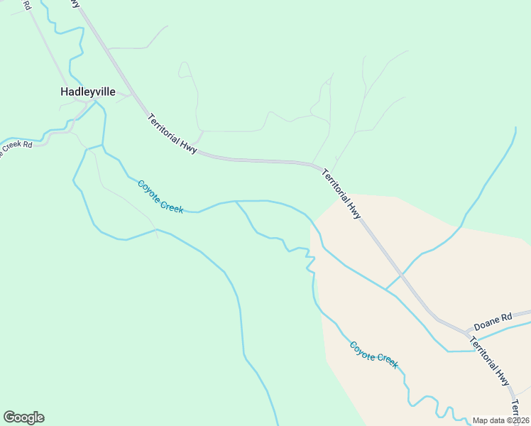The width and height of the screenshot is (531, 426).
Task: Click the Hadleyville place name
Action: pyautogui.click(x=87, y=92)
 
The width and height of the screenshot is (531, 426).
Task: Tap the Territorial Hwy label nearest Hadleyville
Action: pyautogui.click(x=173, y=132)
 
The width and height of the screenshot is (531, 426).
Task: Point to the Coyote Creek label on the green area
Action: pyautogui.click(x=160, y=197)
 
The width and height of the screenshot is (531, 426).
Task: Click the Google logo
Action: pyautogui.click(x=23, y=417)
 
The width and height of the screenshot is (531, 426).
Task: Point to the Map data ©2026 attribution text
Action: pyautogui.click(x=500, y=420)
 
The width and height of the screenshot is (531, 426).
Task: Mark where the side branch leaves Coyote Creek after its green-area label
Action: pyautogui.click(x=236, y=202)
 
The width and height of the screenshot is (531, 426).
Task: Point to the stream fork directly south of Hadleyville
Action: pyautogui.click(x=103, y=146)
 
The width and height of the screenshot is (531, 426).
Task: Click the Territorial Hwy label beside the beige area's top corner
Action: pyautogui.click(x=342, y=194)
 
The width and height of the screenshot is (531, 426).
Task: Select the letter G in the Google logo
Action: pyautogui.click(x=9, y=417)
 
